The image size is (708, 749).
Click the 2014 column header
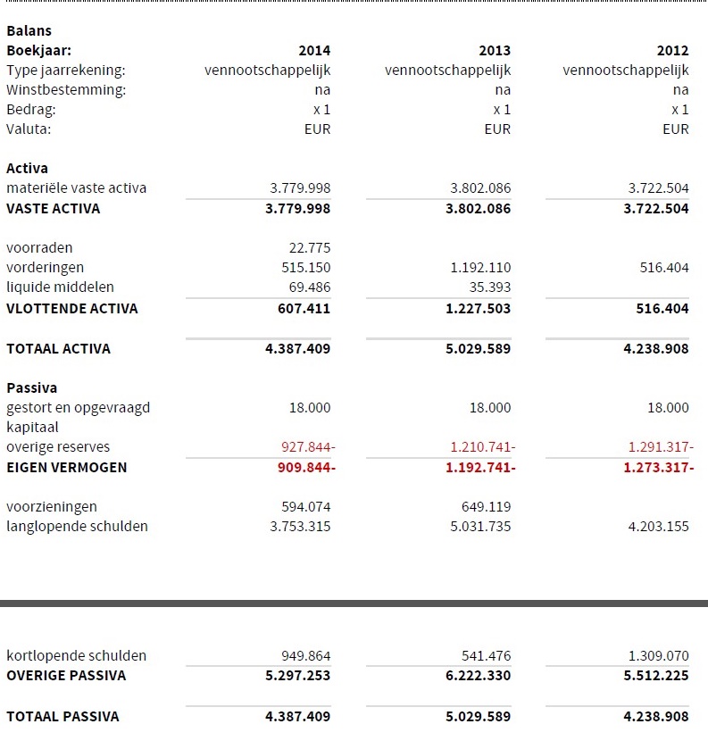pos(314,51)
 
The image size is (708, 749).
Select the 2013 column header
pos(495,51)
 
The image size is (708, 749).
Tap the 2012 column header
pos(672,51)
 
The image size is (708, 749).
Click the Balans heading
pos(29,31)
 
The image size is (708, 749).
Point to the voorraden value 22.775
pos(309,248)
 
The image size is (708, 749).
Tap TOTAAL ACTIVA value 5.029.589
pos(478,349)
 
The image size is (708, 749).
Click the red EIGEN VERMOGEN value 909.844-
pos(302,468)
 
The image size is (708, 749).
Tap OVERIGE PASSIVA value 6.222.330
pos(478,676)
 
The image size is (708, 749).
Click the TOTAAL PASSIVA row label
pos(62,716)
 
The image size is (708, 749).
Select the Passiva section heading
pos(31,388)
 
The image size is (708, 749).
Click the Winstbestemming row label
pos(66,90)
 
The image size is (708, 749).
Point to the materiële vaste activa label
pos(76,188)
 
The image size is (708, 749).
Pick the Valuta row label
pos(29,129)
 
